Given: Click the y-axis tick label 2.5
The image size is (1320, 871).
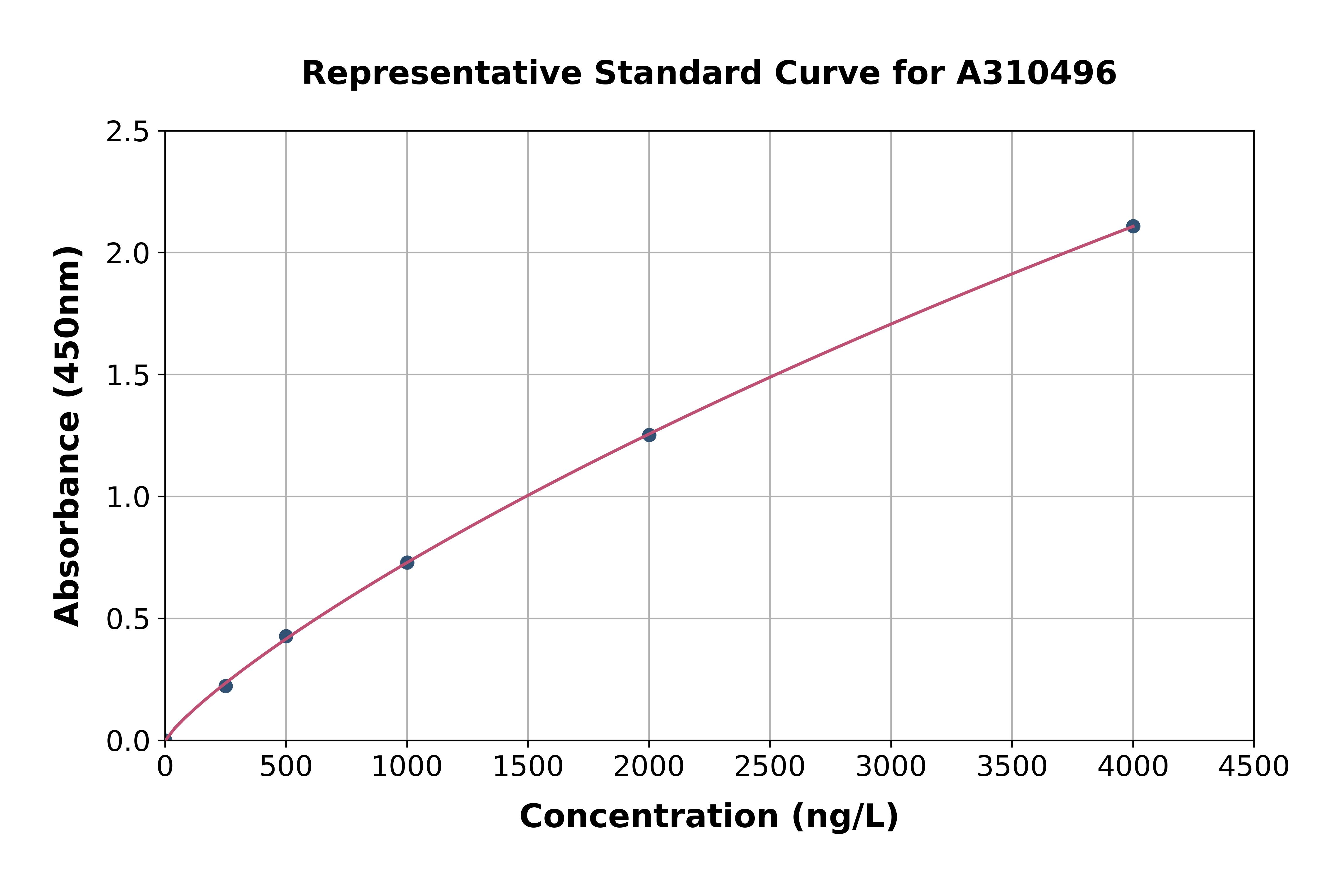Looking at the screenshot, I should coord(128,132).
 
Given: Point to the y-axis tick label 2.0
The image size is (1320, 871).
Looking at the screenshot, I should coord(128,254).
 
